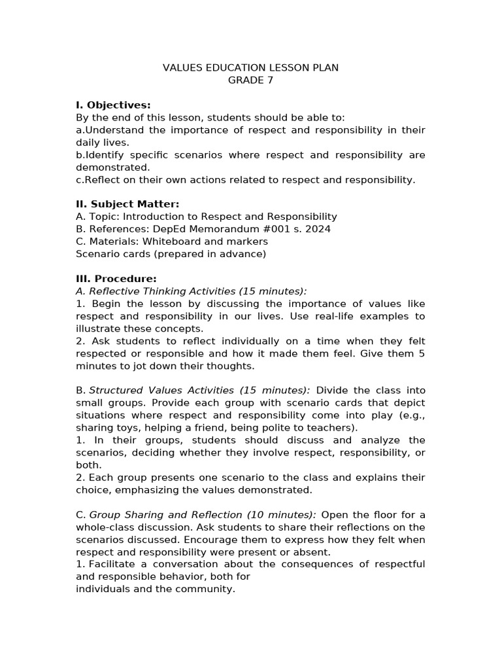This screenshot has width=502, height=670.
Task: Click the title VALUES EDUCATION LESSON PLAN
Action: pyautogui.click(x=250, y=68)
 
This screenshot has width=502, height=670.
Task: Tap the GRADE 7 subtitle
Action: pyautogui.click(x=250, y=80)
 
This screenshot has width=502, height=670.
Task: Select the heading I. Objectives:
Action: pyautogui.click(x=113, y=105)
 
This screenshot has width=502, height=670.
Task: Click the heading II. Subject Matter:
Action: pyautogui.click(x=127, y=204)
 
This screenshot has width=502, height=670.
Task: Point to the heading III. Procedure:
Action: pyautogui.click(x=116, y=279)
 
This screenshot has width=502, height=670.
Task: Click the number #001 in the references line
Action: pyautogui.click(x=282, y=229)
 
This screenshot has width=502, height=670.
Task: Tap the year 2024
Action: pyautogui.click(x=318, y=229)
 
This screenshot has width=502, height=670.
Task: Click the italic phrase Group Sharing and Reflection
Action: pyautogui.click(x=166, y=515)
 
